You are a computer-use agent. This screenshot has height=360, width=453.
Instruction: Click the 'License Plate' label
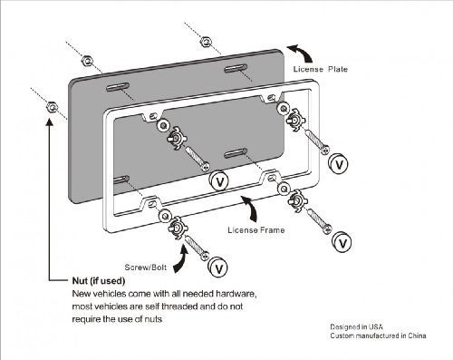point(321,69)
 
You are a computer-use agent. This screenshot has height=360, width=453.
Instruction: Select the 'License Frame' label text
point(256,230)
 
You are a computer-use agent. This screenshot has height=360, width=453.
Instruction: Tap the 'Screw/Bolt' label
point(146,268)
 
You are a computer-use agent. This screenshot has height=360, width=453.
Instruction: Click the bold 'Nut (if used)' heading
point(99,281)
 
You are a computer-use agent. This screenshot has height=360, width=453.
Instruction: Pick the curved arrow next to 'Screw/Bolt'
point(181,261)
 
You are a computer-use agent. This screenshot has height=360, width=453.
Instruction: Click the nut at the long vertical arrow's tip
point(52,106)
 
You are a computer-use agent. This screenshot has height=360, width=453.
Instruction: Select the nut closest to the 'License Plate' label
point(206,42)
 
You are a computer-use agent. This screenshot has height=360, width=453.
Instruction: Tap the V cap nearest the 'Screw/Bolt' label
point(218,268)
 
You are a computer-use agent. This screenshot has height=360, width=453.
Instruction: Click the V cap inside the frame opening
point(219,181)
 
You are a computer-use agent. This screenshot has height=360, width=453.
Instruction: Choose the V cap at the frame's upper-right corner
point(338,164)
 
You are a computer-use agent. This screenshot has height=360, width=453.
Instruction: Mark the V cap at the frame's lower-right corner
point(342,242)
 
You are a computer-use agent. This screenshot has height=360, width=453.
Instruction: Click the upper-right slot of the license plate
point(236,69)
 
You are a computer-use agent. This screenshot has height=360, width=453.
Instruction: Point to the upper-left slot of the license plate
point(118,87)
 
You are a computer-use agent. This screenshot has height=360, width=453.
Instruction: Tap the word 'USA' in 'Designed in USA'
point(376,326)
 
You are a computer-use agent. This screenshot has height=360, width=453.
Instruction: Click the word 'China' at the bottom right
point(417,336)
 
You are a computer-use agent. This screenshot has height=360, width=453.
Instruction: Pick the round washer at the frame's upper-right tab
point(284,108)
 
